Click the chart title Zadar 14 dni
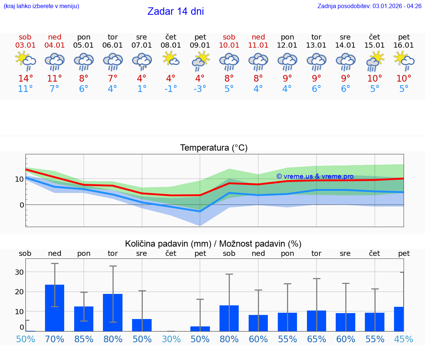[x=176, y=11]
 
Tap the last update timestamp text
[x=369, y=6]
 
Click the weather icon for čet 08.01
[x=171, y=59]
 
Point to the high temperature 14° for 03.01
[x=25, y=79]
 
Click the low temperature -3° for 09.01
[x=200, y=89]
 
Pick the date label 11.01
[x=258, y=45]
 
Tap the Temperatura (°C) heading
[x=214, y=148]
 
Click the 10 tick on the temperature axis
[x=19, y=179]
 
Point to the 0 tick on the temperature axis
[x=21, y=205]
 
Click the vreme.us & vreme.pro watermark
[x=315, y=176]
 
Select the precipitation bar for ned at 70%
[x=55, y=308]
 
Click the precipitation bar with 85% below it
[x=84, y=319]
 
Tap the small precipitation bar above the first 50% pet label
[x=200, y=329]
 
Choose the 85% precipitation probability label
[x=84, y=339]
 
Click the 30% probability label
[x=171, y=339]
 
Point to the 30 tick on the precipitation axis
[x=19, y=272]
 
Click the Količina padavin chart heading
[x=213, y=244]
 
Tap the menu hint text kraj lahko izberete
[x=41, y=6]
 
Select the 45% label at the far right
[x=404, y=339]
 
